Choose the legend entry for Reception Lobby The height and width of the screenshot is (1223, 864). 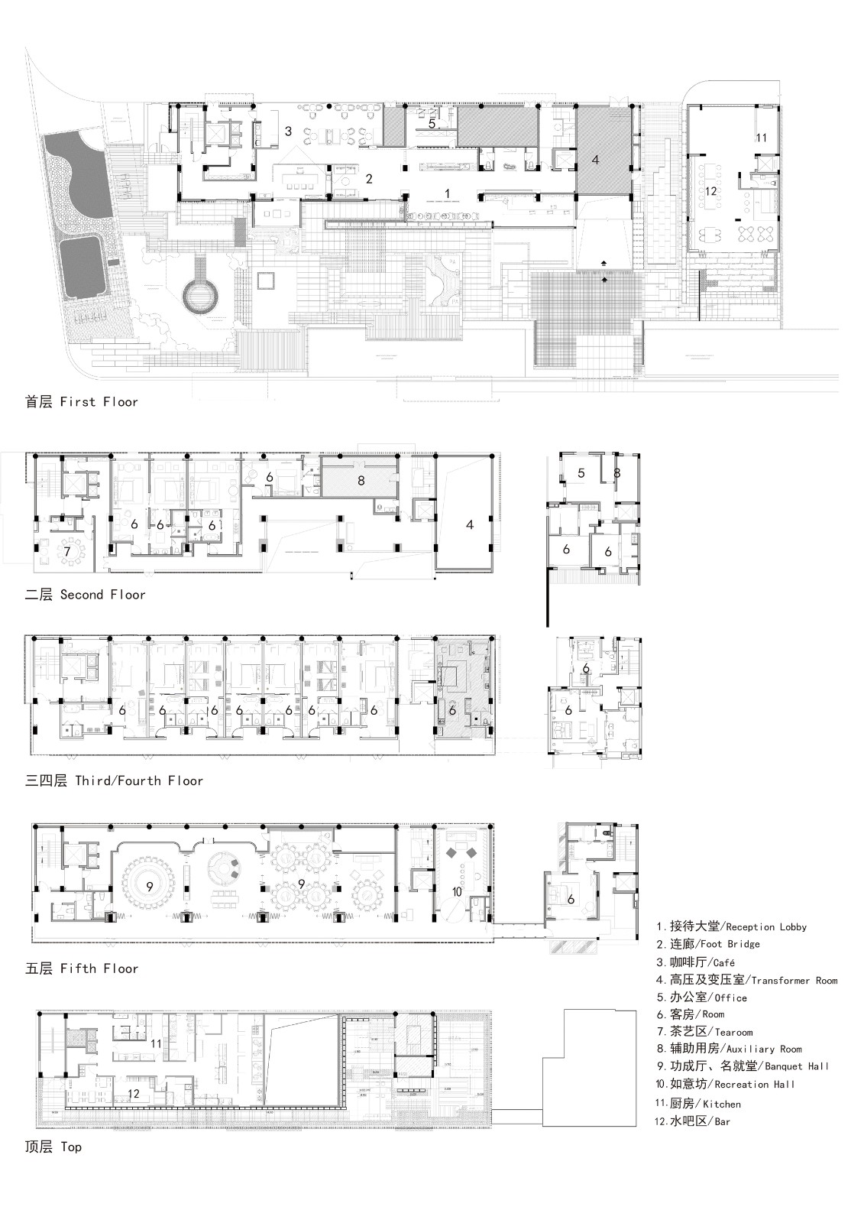(x=730, y=926)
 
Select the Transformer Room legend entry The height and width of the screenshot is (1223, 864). (x=746, y=980)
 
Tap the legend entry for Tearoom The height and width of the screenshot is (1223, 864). (x=704, y=1032)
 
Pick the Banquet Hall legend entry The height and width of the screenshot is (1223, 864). (x=742, y=1066)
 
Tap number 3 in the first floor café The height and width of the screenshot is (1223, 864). (x=288, y=131)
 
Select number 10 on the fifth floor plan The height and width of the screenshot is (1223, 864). (x=457, y=891)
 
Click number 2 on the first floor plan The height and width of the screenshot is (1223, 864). (x=369, y=179)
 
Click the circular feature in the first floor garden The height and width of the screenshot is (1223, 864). (x=201, y=294)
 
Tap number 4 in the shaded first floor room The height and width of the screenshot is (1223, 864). (x=595, y=161)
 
